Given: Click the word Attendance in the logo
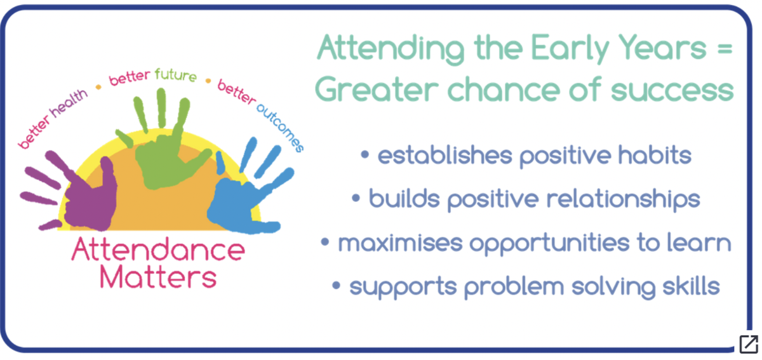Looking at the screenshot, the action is tap(158, 250).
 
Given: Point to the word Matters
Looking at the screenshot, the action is tap(158, 277).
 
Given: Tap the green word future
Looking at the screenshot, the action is tap(175, 75).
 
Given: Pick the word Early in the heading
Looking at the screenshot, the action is tap(569, 49).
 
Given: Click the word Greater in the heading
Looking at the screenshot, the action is tap(377, 89).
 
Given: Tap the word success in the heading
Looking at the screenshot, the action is tap(672, 91).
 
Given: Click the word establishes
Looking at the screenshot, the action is tap(444, 155).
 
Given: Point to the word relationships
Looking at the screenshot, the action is tap(623, 200).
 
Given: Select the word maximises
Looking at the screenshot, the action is tap(400, 243).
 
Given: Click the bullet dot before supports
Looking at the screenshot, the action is tap(336, 285).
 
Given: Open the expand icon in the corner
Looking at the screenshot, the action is tap(749, 344).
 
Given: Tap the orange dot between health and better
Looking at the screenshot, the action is tap(98, 87).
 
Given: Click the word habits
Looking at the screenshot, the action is tap(655, 155).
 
